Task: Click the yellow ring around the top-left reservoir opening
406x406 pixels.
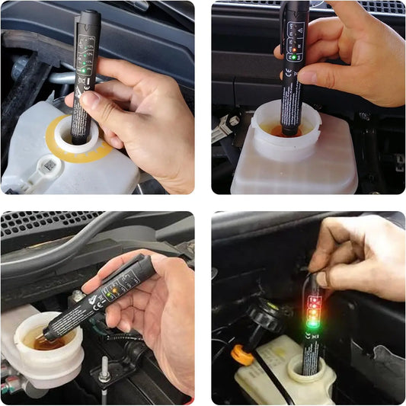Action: click(53, 138)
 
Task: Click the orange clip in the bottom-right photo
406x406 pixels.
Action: click(241, 353)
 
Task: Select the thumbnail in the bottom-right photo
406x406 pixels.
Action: click(321, 280)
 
